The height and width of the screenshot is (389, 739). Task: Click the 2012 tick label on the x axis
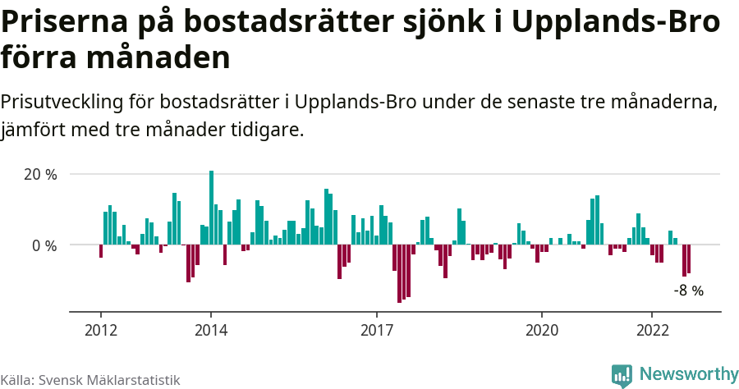tap(100, 330)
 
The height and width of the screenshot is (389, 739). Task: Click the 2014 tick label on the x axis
tap(211, 330)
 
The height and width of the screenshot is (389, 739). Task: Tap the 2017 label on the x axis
tap(376, 330)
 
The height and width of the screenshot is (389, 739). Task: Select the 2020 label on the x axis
tap(542, 330)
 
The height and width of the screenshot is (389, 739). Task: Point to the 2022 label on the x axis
tap(652, 330)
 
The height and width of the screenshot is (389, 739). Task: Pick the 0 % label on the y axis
tap(45, 245)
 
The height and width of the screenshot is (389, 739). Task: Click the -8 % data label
tap(688, 291)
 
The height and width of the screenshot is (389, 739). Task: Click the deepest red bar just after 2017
tap(399, 273)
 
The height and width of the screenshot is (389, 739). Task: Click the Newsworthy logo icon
tap(622, 375)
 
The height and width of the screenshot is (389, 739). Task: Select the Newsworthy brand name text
tap(688, 374)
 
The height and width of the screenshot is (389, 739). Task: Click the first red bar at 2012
tap(101, 251)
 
